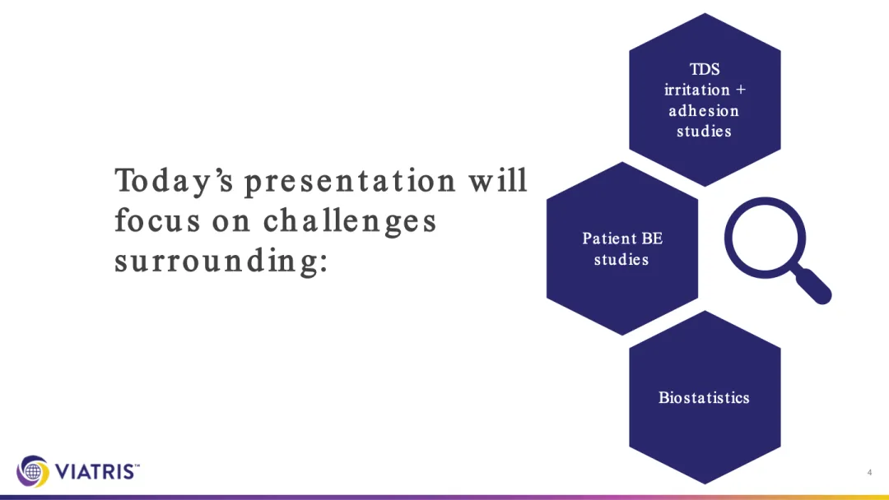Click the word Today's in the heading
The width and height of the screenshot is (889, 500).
174,181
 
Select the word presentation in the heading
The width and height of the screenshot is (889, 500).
350,181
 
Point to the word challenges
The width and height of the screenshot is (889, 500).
350,221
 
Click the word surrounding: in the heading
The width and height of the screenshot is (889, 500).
221,261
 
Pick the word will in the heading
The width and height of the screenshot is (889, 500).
498,179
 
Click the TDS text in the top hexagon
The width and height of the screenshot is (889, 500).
704,69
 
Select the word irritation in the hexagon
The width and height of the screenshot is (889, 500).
697,90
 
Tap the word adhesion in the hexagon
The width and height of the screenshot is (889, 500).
704,110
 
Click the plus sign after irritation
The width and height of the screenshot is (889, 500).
741,90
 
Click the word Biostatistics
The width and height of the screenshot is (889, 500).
704,397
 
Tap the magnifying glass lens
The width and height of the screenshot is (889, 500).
765,238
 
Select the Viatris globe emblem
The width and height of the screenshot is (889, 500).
33,470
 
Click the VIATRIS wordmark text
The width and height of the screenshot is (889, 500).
96,471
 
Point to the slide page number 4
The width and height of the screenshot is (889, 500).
869,472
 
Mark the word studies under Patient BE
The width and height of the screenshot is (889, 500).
621,259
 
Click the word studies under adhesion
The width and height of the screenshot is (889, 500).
704,132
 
